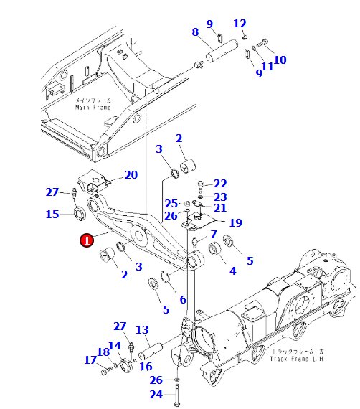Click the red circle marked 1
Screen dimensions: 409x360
(86, 241)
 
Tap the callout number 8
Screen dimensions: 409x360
(195, 32)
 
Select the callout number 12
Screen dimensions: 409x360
(240, 24)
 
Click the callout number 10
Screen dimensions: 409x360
(280, 60)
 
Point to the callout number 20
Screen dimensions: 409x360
(131, 175)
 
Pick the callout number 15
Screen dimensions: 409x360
(53, 215)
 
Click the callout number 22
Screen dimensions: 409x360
(220, 184)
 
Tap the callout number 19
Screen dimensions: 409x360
(235, 222)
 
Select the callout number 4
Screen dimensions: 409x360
(232, 271)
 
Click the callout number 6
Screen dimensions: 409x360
(183, 300)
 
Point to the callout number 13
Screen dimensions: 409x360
(142, 329)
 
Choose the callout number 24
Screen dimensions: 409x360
(156, 395)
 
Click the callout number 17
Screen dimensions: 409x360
(90, 359)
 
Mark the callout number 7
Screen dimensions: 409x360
(213, 235)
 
